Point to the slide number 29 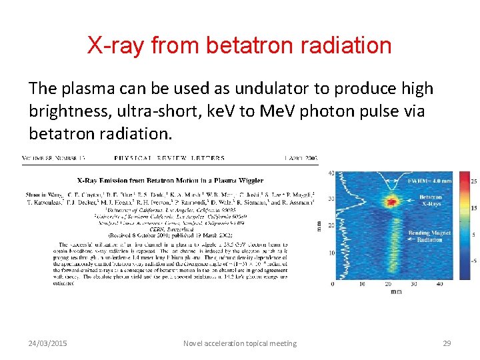click(447, 343)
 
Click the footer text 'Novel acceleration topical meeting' click(239, 343)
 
